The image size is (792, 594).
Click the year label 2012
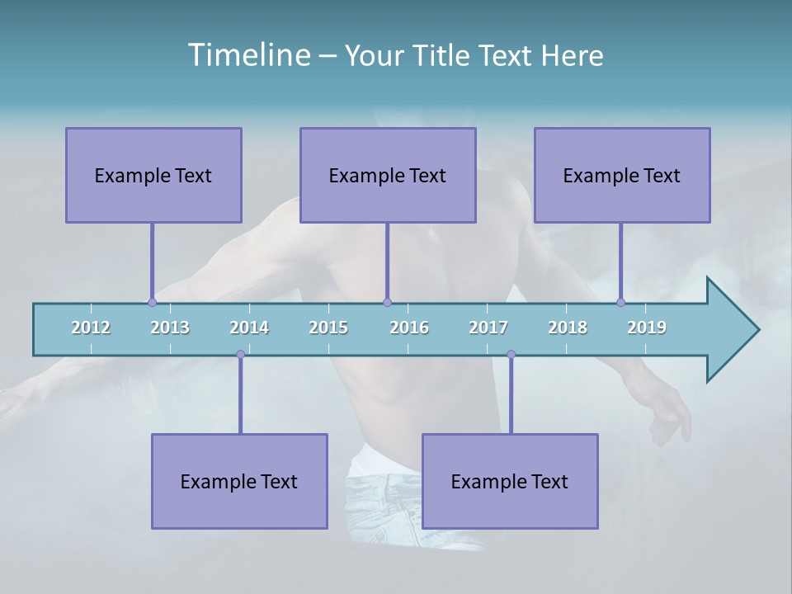(x=91, y=328)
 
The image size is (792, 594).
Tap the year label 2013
(x=170, y=328)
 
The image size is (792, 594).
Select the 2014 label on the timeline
(x=249, y=328)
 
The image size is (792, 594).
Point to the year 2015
(x=328, y=328)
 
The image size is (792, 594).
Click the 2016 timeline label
(x=409, y=328)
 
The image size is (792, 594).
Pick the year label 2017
(x=488, y=328)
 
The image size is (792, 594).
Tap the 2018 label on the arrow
(x=568, y=328)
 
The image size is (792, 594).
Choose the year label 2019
(x=647, y=328)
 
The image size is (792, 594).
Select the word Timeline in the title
(x=247, y=55)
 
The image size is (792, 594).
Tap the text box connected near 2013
(x=153, y=175)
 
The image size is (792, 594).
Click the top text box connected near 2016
(x=388, y=175)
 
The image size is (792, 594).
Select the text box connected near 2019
(x=622, y=175)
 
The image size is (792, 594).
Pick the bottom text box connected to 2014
(x=239, y=481)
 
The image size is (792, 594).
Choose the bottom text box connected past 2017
(x=510, y=481)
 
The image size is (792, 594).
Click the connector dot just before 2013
(x=152, y=302)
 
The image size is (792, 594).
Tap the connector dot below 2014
(x=240, y=354)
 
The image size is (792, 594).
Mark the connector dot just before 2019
(x=620, y=302)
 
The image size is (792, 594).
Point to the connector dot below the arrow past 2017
(x=511, y=354)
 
